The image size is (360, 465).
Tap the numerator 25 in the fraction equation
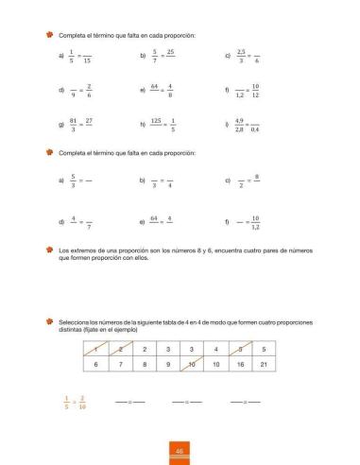[x=170, y=52]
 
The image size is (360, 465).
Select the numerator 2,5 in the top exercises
[x=242, y=52]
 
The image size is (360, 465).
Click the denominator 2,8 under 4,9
[x=241, y=129]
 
